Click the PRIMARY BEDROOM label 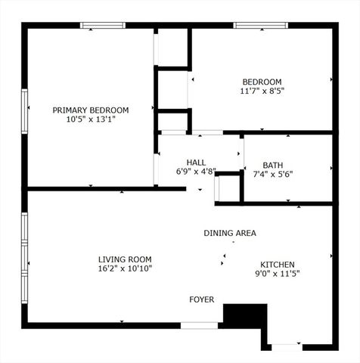point(90,110)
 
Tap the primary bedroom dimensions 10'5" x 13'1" point(90,119)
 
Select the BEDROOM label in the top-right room point(262,82)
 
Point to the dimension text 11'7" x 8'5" point(262,92)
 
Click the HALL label point(197,162)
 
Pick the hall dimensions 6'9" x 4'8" point(197,172)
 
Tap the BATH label point(272,165)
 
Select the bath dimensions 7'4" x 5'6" point(272,174)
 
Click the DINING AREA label point(229,233)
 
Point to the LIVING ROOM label point(125,258)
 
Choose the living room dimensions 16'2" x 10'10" point(125,268)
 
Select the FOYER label point(201,300)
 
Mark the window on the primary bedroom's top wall point(103,26)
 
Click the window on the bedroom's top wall point(260,26)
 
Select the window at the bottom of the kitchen point(287,346)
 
